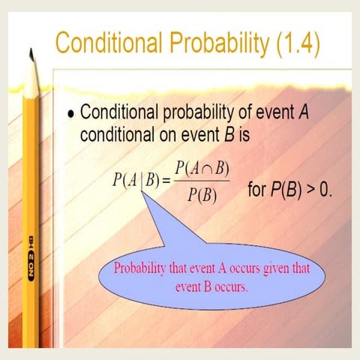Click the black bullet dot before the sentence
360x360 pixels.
[x=70, y=115]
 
